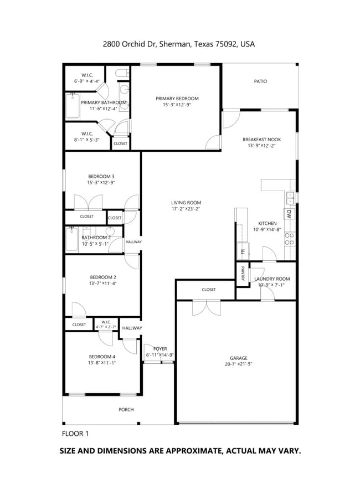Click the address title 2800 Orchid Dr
(x=179, y=44)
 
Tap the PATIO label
(x=260, y=81)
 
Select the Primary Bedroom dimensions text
(x=177, y=105)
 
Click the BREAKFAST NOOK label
(x=262, y=140)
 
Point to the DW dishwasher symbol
(x=289, y=214)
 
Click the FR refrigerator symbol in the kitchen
(x=242, y=251)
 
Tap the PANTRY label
(x=243, y=274)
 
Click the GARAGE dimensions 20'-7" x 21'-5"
(x=239, y=364)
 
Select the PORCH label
(x=126, y=410)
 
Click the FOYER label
(x=160, y=349)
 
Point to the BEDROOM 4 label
(x=102, y=356)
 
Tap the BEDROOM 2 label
(x=103, y=277)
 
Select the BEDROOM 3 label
(x=101, y=176)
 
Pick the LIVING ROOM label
(x=186, y=203)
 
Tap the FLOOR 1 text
(x=75, y=433)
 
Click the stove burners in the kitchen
(x=289, y=239)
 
